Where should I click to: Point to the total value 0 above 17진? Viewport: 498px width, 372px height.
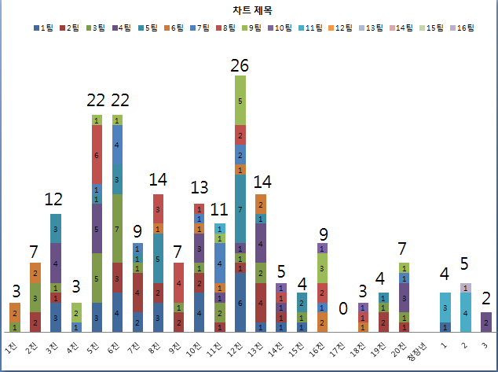[342, 308]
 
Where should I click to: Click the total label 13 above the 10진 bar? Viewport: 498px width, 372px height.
[200, 187]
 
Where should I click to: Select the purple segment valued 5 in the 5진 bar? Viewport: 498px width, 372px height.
[97, 229]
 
